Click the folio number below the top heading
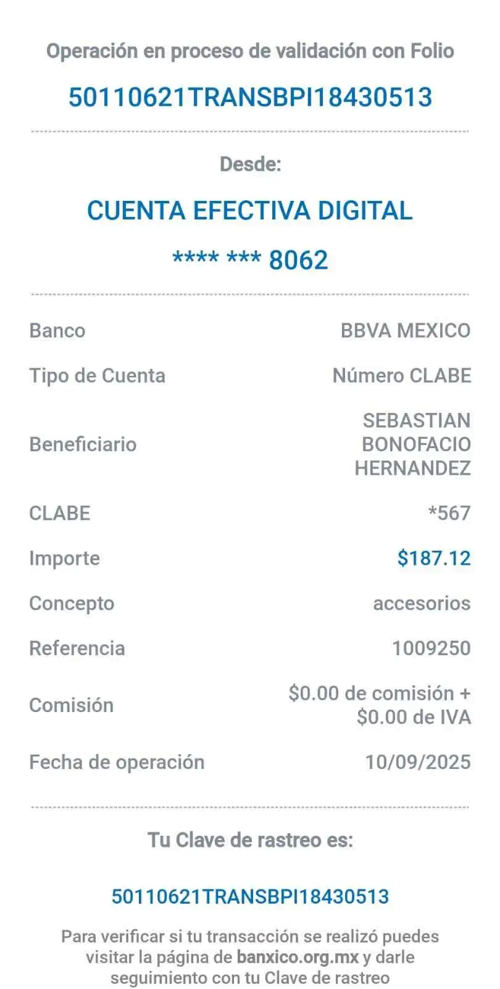pyautogui.click(x=250, y=97)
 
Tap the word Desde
pyautogui.click(x=250, y=164)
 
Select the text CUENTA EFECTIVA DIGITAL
pyautogui.click(x=249, y=211)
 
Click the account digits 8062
pyautogui.click(x=299, y=260)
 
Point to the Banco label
pyautogui.click(x=57, y=330)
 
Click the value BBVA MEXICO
pyautogui.click(x=406, y=330)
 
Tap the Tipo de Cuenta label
pyautogui.click(x=98, y=375)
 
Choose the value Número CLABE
pyautogui.click(x=401, y=375)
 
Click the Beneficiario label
pyautogui.click(x=83, y=444)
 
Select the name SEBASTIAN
pyautogui.click(x=417, y=420)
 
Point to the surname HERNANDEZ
pyautogui.click(x=413, y=468)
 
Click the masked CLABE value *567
pyautogui.click(x=449, y=513)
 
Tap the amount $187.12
pyautogui.click(x=434, y=558)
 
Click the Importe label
pyautogui.click(x=65, y=558)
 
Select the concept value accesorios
pyautogui.click(x=422, y=603)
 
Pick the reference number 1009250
pyautogui.click(x=431, y=648)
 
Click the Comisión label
pyautogui.click(x=72, y=705)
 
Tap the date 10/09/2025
pyautogui.click(x=418, y=762)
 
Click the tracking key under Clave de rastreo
pyautogui.click(x=250, y=896)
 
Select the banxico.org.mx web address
pyautogui.click(x=298, y=957)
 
